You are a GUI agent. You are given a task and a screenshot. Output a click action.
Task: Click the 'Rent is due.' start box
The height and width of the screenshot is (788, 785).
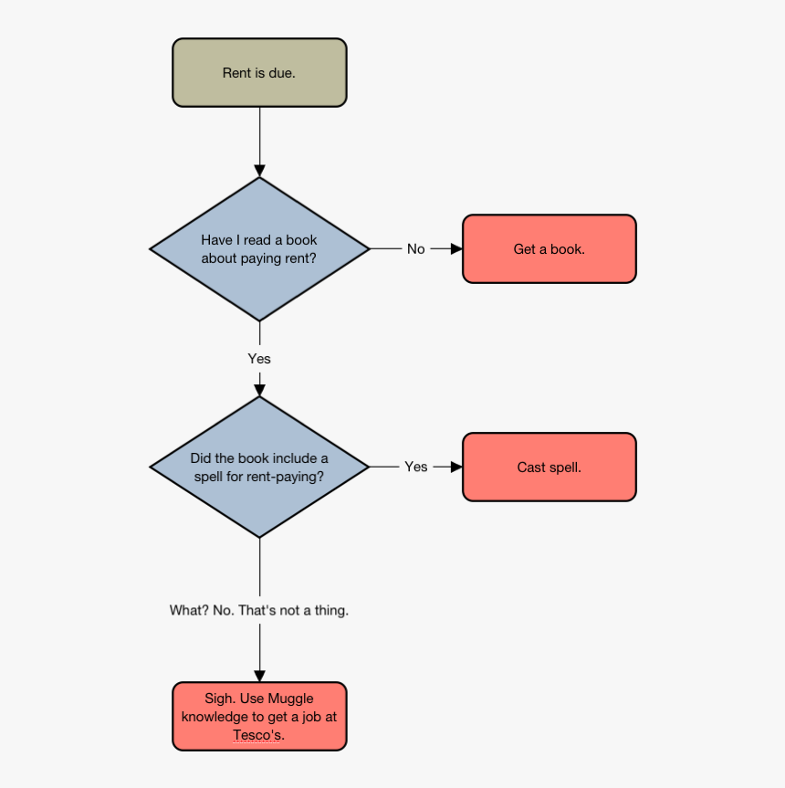coord(259,73)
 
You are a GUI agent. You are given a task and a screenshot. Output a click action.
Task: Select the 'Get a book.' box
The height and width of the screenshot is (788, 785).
coord(549,249)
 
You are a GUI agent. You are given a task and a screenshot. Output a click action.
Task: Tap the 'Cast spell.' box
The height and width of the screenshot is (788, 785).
coord(549,468)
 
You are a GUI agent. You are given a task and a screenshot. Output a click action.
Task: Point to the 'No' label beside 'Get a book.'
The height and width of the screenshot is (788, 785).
coord(415,249)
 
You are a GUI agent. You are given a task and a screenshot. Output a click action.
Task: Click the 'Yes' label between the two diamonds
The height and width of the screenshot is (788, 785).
coord(259,359)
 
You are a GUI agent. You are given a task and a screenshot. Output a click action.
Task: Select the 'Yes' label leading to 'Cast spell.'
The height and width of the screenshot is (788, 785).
coord(415,467)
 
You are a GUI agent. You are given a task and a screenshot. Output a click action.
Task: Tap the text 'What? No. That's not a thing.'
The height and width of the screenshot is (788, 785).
coord(259,610)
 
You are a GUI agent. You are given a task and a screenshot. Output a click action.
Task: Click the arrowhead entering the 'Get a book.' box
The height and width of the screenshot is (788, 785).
coord(456,248)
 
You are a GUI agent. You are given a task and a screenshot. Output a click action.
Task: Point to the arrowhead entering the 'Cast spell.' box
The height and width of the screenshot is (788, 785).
coord(456,467)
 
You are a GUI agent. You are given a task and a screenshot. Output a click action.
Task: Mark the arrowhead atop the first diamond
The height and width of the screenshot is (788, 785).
coord(259,171)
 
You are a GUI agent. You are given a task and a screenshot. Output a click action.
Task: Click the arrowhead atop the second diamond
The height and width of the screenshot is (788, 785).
coord(259,390)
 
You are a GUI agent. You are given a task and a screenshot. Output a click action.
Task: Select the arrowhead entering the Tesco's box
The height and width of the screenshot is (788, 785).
coord(259,676)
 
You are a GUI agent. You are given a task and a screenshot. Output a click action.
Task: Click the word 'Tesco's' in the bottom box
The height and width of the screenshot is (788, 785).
coord(259,735)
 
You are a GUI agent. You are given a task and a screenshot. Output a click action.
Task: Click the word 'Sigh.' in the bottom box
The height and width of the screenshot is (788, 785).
coord(220,699)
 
